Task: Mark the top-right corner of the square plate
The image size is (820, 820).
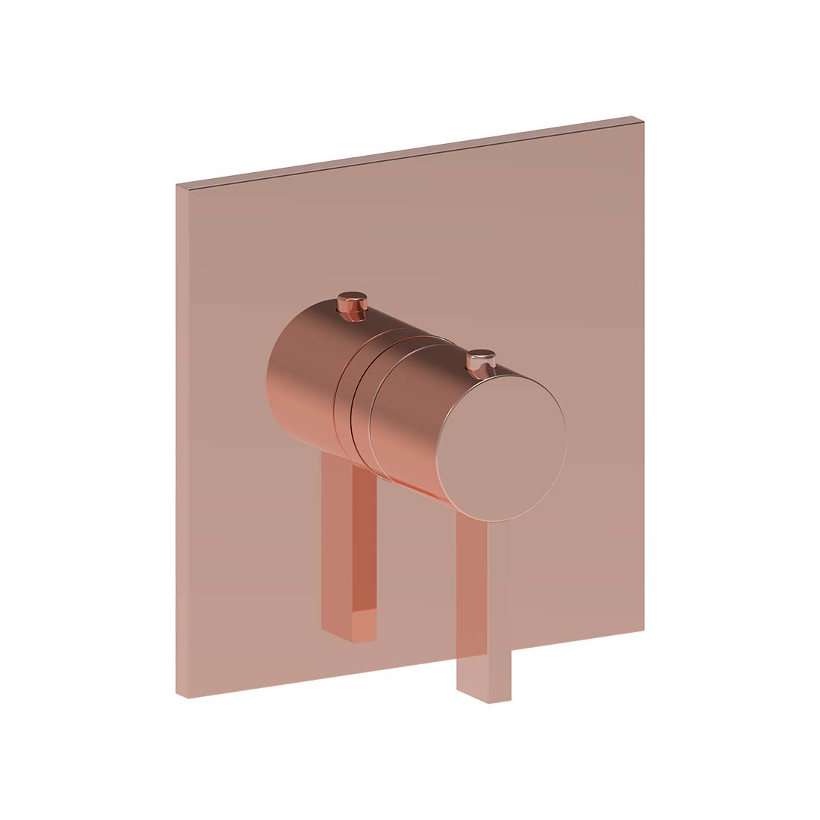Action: pyautogui.click(x=643, y=118)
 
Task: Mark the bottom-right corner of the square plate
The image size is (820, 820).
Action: pyautogui.click(x=643, y=630)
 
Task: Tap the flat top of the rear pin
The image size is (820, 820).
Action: pyautogui.click(x=353, y=299)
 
